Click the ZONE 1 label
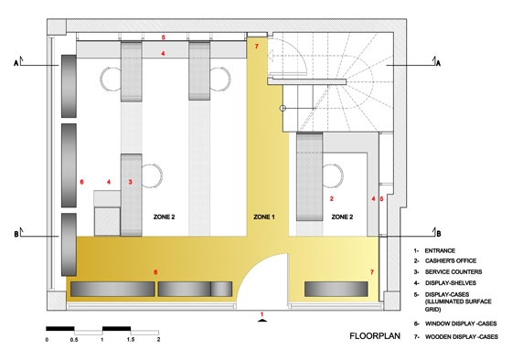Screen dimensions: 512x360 coord(264,217)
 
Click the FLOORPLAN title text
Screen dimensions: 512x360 coord(375,336)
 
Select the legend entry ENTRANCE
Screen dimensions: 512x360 coord(440,250)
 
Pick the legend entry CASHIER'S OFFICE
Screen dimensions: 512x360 coord(450,260)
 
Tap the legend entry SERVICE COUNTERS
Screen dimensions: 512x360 coord(453,272)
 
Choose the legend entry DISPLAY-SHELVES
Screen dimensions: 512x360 coord(450,283)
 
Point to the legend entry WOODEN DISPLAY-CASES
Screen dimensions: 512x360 coord(461,336)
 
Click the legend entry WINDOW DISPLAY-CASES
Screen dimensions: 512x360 coord(461,323)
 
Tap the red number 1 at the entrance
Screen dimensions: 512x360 coord(261,314)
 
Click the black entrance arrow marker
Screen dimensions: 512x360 coord(261,321)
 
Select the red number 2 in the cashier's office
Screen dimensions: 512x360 coord(332,198)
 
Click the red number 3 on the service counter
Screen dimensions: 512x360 coord(130,182)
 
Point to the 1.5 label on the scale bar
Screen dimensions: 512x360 coord(131,339)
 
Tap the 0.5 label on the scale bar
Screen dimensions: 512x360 coord(74,339)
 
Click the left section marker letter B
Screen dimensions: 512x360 coord(16,234)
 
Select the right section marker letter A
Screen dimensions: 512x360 coord(438,63)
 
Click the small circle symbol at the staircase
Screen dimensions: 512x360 coord(283,109)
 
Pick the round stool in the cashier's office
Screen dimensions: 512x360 coord(333,175)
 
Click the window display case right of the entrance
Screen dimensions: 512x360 coord(336,289)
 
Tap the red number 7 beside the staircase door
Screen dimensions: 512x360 coord(256,47)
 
